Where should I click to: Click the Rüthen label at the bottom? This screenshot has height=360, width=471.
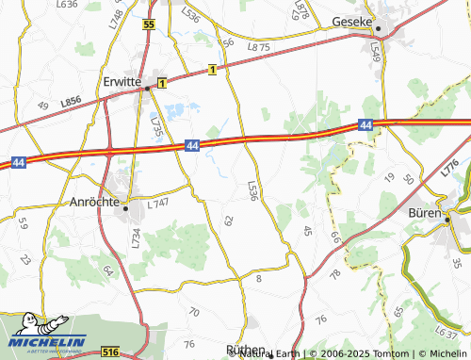point(248,349)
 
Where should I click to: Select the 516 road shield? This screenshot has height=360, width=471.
point(110,351)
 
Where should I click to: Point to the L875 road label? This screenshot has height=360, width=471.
point(258,47)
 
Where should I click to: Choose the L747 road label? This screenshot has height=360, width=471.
point(157,203)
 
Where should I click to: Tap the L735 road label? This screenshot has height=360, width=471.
point(156,126)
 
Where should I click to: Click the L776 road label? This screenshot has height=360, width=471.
point(450,170)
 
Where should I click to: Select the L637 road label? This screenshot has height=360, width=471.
point(447,331)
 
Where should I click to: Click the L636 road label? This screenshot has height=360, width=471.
point(67,5)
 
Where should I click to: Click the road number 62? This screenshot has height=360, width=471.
point(228,220)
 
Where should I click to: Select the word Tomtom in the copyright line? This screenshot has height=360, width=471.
point(362,353)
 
